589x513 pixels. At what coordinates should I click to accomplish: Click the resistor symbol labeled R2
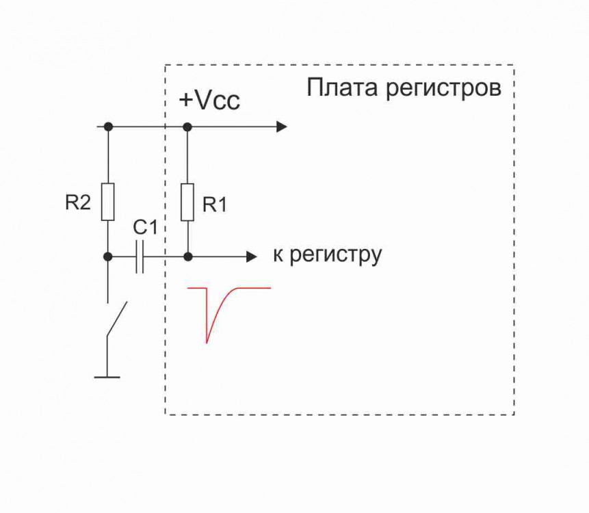pyautogui.click(x=107, y=202)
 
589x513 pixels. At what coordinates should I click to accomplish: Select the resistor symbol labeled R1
pyautogui.click(x=187, y=202)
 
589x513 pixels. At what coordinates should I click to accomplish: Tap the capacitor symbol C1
pyautogui.click(x=140, y=257)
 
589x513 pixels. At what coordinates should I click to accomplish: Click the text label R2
pyautogui.click(x=79, y=203)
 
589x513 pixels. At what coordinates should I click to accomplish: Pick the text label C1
pyautogui.click(x=144, y=228)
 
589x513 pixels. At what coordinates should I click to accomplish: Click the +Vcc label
pyautogui.click(x=209, y=101)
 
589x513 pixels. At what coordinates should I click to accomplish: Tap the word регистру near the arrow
pyautogui.click(x=335, y=256)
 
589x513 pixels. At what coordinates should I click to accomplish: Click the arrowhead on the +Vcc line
pyautogui.click(x=281, y=127)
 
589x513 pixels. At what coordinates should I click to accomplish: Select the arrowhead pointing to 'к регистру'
pyautogui.click(x=252, y=257)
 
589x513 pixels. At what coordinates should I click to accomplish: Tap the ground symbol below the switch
pyautogui.click(x=107, y=376)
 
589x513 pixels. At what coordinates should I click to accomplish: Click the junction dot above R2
pyautogui.click(x=107, y=127)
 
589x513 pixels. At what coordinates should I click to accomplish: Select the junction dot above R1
pyautogui.click(x=187, y=127)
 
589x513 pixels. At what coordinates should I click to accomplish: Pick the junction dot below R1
pyautogui.click(x=187, y=257)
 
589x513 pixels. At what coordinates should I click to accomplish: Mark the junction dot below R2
pyautogui.click(x=107, y=257)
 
